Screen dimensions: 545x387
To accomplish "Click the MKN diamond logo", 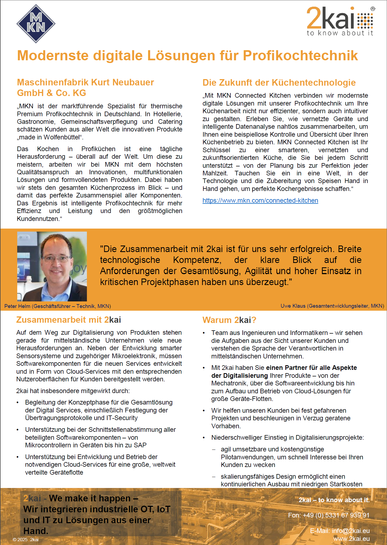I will pos(36,23).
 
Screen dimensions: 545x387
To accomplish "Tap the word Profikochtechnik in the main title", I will pos(300,56).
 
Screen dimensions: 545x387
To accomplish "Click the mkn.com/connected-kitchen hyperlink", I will pos(260,200).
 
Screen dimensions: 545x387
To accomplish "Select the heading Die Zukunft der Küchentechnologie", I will pos(279,82).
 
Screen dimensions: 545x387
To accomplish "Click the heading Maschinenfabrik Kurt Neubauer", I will pos(85,82).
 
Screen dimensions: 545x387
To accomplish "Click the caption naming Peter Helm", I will pos(58,306).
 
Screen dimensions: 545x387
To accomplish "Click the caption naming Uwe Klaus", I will pos(332,306).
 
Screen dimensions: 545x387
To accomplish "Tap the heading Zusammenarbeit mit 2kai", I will pos(69,320).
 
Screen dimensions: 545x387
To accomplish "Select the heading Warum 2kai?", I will pos(229,320).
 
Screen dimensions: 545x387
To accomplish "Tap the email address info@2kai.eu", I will pos(350,531).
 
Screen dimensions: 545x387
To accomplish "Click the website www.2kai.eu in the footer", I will pos(351,539).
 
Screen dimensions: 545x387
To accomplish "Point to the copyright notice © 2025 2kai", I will pos(26,540).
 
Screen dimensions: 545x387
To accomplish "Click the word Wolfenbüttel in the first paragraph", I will pos(63,137).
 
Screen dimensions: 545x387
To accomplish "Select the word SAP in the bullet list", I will pos(140,445).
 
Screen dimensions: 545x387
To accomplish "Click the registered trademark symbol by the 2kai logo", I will pos(373,9).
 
